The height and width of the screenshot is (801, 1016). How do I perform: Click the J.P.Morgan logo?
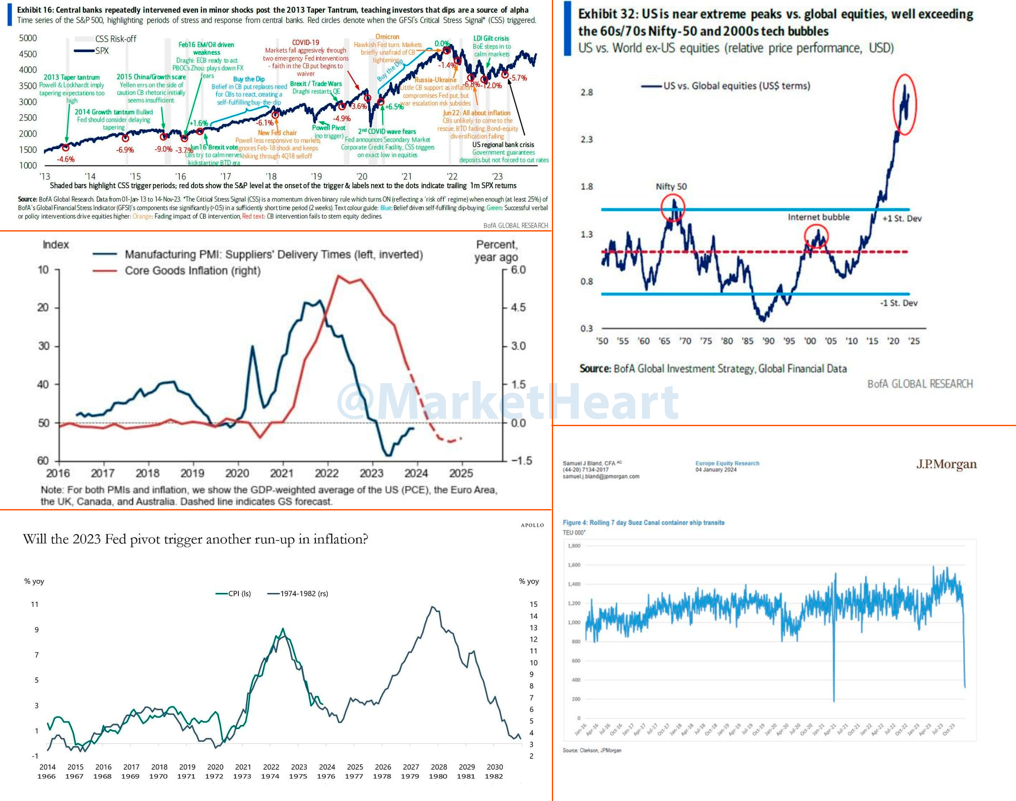click(946, 464)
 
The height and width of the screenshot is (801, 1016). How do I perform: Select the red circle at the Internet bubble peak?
click(816, 236)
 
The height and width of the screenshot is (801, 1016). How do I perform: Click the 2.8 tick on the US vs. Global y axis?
click(586, 93)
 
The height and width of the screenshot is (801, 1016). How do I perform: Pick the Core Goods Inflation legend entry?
click(192, 271)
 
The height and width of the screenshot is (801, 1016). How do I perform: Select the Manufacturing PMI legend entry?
click(273, 254)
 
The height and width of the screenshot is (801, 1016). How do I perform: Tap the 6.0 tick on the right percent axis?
click(518, 270)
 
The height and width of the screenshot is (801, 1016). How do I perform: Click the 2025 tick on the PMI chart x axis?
click(461, 473)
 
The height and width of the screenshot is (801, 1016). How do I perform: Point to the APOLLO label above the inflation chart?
click(532, 525)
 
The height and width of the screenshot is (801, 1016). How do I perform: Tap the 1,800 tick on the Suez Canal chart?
click(574, 546)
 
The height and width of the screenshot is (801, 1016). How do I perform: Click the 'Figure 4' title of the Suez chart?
click(643, 523)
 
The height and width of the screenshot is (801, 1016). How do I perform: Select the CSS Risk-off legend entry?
click(115, 39)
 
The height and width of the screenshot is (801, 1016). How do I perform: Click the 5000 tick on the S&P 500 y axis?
click(28, 38)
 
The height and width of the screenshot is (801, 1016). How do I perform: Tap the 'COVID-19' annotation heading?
click(305, 43)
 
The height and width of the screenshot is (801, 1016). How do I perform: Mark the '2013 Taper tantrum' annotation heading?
click(71, 77)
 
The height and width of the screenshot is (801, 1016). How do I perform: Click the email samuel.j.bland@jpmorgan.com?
click(601, 477)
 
